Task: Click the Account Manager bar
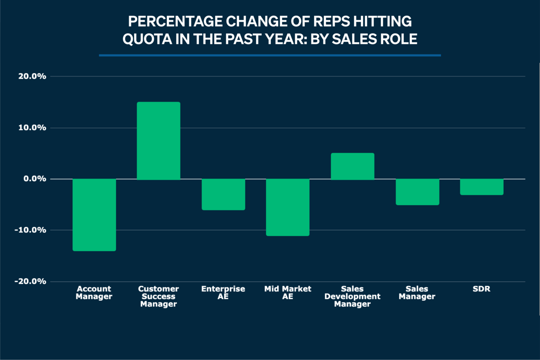tap(94, 215)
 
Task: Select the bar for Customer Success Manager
tap(158, 141)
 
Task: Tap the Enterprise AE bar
tap(223, 194)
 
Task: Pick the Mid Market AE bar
tap(288, 207)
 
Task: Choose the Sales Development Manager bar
tap(352, 166)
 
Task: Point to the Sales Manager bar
tap(417, 192)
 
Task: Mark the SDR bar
tap(481, 187)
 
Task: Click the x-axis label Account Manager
tap(94, 292)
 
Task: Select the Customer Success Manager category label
tap(158, 297)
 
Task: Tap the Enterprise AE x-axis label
tap(223, 292)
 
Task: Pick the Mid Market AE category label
tap(288, 292)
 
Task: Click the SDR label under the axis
tap(481, 289)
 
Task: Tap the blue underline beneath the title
tap(270, 55)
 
